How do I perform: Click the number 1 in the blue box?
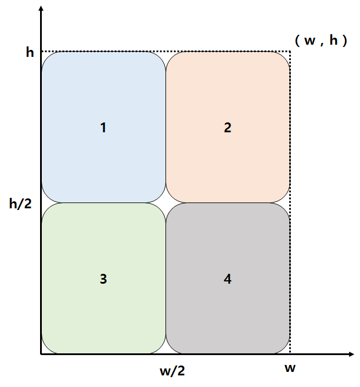point(103,128)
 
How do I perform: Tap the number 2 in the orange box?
point(228,128)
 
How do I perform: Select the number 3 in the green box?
point(103,279)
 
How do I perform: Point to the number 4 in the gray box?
point(228,279)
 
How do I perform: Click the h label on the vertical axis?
point(30,53)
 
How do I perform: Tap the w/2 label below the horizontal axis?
point(172,370)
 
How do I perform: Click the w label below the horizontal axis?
point(290,368)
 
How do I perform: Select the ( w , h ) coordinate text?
point(321,41)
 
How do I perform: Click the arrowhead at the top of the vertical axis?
point(41,10)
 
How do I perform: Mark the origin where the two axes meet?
point(41,353)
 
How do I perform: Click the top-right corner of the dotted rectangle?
point(290,52)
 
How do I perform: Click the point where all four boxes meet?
point(166,202)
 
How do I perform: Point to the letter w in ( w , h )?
point(309,41)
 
